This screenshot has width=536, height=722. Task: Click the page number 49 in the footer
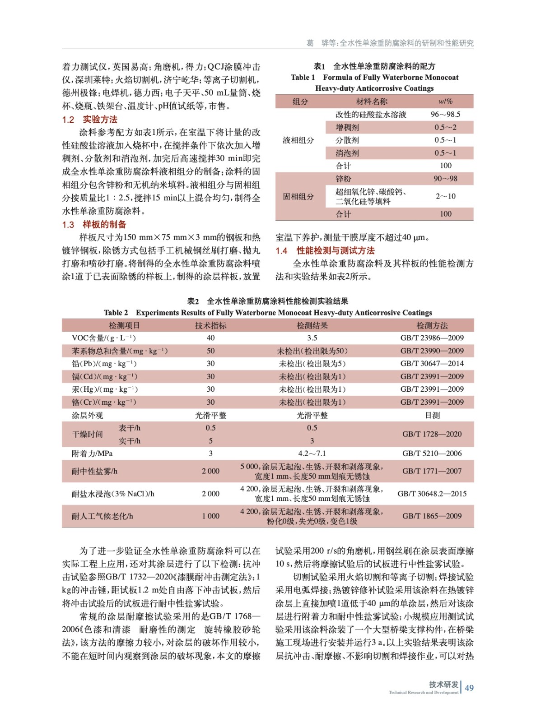coord(469,688)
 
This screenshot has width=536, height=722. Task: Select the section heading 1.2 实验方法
coord(89,120)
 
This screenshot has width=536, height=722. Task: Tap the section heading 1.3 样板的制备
coord(94,225)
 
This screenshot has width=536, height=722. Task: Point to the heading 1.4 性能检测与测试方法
coord(325,251)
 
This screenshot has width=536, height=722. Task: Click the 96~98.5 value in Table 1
coord(445,115)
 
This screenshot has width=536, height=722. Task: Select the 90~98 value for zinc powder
coord(445,179)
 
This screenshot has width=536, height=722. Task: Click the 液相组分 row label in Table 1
coord(298,140)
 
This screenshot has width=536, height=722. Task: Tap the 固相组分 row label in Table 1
coord(298,196)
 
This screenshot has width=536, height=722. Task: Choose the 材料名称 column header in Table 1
coord(371,102)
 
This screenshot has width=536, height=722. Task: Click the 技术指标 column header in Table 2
coord(210,325)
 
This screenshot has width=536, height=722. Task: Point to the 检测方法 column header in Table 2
coord(432,325)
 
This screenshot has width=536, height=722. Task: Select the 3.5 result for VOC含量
coord(312,338)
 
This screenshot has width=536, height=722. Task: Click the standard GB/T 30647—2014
coord(432,364)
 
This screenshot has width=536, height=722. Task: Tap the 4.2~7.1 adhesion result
coord(312,454)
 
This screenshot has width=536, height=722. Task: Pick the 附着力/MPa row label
coord(92,454)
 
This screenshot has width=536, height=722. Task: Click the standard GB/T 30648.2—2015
coord(432,494)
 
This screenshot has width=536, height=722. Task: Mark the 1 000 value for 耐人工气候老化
coord(210,516)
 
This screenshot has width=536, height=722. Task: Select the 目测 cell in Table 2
coord(432,415)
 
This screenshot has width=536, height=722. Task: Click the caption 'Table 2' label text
coord(116,313)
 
